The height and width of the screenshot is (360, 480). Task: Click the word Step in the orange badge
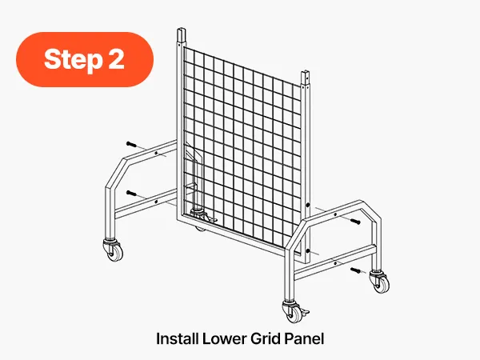73,60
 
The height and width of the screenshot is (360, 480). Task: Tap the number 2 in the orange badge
116,58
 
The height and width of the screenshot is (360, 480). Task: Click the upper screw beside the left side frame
132,145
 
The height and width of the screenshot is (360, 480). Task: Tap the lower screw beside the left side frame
132,193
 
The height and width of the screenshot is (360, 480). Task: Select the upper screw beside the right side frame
355,221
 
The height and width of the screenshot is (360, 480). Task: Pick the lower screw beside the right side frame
356,270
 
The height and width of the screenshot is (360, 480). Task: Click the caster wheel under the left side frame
114,249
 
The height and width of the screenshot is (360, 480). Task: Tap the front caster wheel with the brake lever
294,310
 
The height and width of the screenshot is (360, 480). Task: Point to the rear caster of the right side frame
379,282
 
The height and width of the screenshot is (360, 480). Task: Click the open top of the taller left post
182,30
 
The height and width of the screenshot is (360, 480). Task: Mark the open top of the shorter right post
306,73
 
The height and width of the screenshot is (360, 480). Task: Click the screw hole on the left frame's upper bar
157,153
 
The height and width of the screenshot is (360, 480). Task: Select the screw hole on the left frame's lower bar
157,202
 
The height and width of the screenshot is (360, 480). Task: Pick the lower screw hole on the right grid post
308,252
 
